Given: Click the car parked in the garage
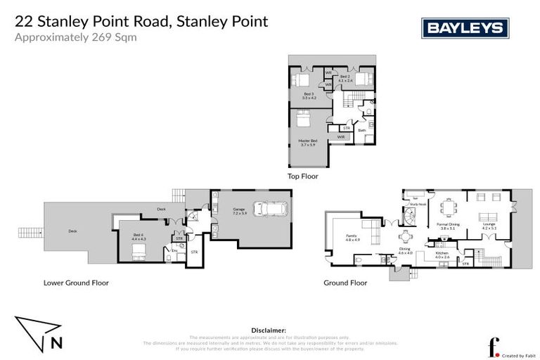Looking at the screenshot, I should click(x=269, y=210).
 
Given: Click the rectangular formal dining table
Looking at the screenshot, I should click(x=447, y=208).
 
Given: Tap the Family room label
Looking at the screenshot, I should click(x=352, y=238).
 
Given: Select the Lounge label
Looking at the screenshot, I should click(x=489, y=226).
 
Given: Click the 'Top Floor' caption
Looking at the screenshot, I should click(x=303, y=176).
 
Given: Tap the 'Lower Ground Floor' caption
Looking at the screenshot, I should click(x=76, y=283).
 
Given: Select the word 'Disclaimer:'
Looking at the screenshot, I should click(x=269, y=329).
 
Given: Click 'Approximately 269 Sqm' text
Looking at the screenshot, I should click(x=75, y=37).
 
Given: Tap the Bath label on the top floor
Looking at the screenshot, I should click(x=361, y=130).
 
